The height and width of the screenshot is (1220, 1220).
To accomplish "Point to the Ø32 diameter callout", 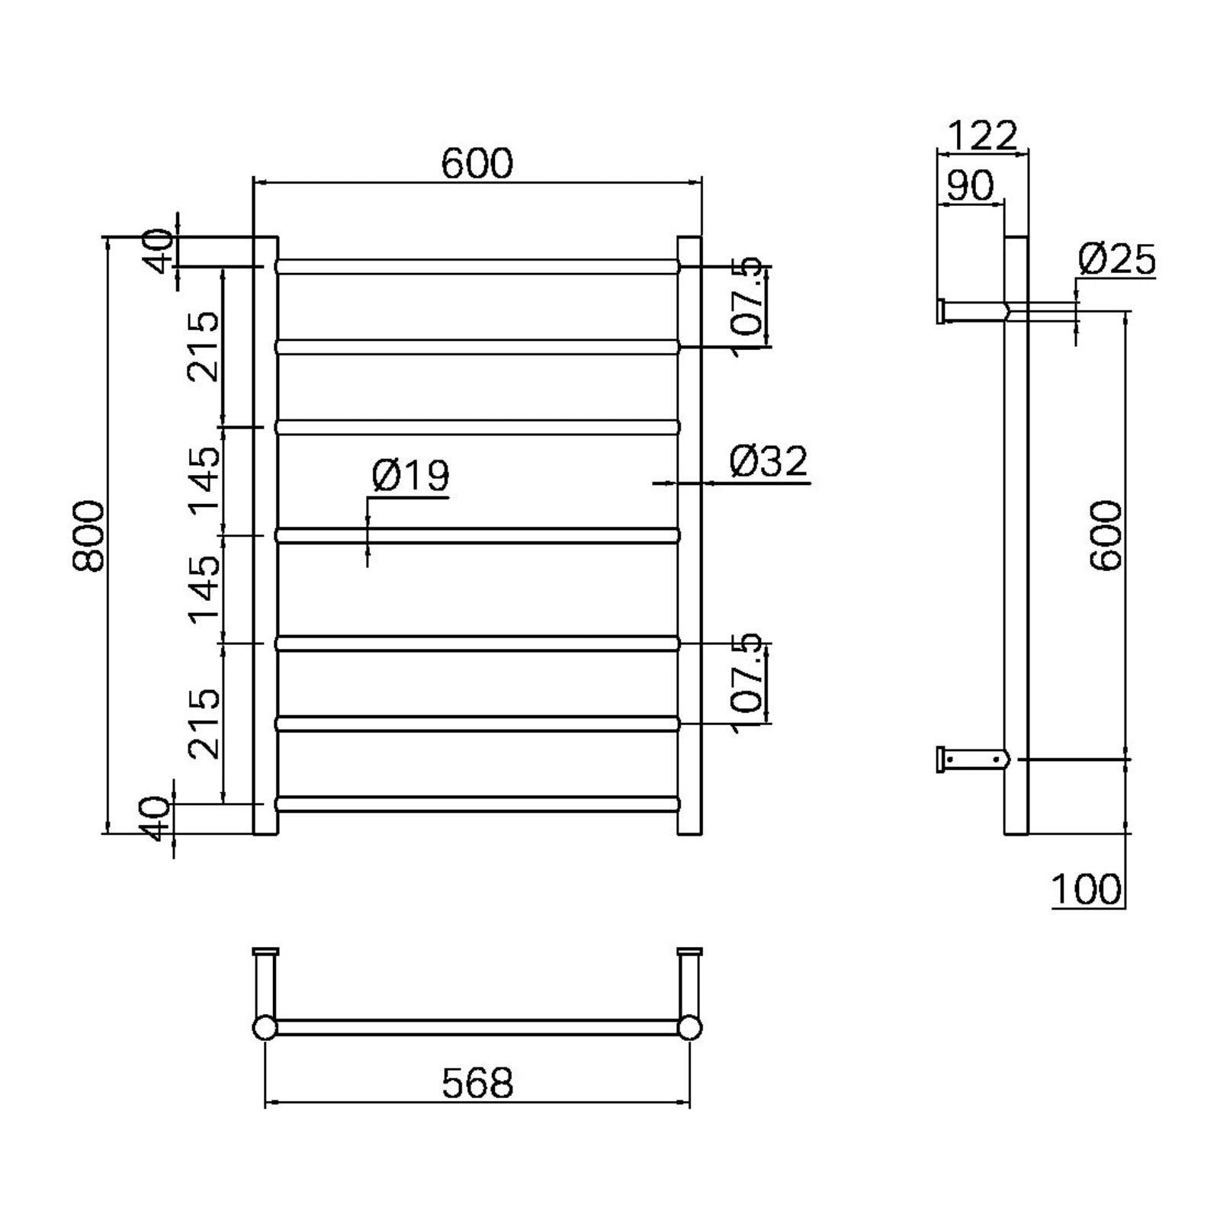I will click(768, 462).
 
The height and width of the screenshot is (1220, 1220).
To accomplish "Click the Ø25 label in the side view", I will click(1116, 260).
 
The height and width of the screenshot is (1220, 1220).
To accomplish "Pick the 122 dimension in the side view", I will click(981, 136).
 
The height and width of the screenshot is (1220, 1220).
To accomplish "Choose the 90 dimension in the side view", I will click(970, 185).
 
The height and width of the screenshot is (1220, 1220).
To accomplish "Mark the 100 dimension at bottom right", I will click(1087, 888).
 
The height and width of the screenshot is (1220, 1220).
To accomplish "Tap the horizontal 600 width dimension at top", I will click(477, 164).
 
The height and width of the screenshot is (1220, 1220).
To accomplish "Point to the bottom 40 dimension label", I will click(157, 818).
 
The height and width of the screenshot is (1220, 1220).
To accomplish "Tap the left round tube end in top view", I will click(265, 1027).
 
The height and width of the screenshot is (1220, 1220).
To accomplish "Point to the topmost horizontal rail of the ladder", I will click(477, 266).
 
